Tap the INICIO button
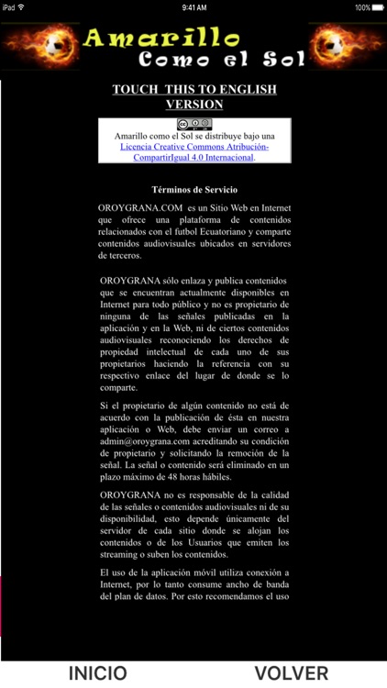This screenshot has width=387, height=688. tap(98, 673)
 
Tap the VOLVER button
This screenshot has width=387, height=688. tap(292, 673)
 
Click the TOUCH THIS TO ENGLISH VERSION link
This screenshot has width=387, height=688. tap(194, 96)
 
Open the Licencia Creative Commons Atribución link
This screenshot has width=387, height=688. tap(194, 147)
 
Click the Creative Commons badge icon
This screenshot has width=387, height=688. tap(194, 125)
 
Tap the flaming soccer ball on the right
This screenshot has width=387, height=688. tap(348, 46)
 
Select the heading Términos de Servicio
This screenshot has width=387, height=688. tap(194, 189)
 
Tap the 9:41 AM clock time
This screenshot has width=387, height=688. tap(193, 6)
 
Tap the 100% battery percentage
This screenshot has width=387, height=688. tap(361, 6)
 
